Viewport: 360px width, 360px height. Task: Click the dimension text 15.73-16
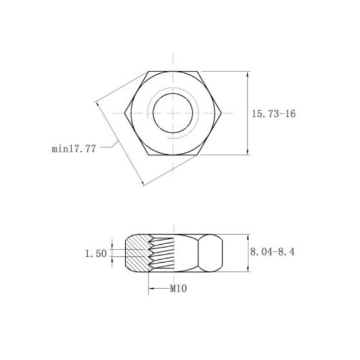tap(274, 114)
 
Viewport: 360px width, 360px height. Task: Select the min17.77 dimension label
tap(74, 149)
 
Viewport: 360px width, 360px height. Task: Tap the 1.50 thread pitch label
tap(96, 254)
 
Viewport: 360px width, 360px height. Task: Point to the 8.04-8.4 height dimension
tap(272, 252)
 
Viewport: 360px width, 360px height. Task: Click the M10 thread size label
tap(178, 289)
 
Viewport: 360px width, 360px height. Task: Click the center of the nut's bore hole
tap(173, 113)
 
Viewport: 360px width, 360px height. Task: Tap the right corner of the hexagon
tap(221, 113)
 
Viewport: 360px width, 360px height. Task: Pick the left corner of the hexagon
tap(125, 113)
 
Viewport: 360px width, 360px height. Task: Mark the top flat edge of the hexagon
tap(173, 71)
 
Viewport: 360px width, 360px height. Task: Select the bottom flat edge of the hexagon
tap(173, 155)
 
